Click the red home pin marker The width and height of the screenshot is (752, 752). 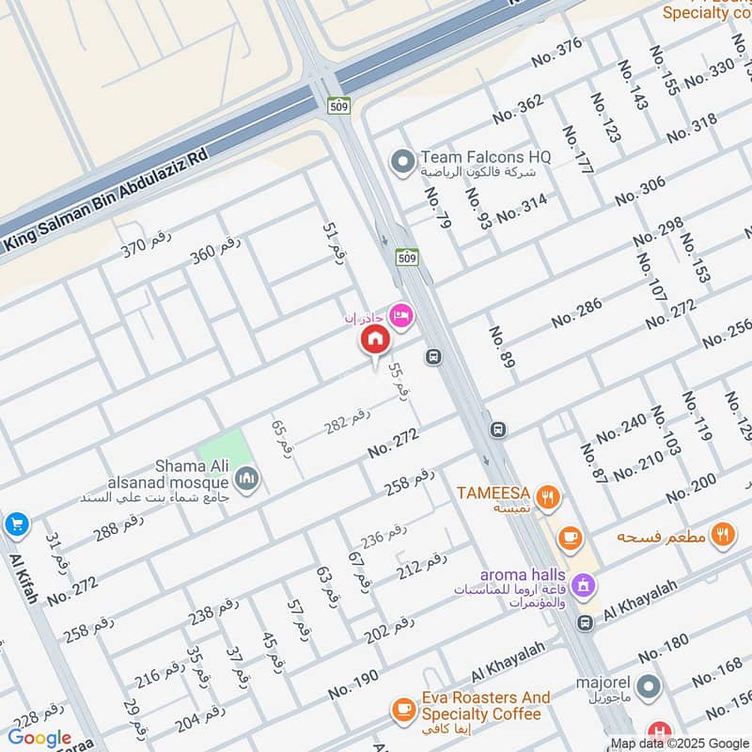tap(375, 338)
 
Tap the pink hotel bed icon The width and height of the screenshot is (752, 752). tap(402, 316)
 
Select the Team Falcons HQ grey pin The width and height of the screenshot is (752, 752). tap(403, 164)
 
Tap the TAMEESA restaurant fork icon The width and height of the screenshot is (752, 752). tap(550, 495)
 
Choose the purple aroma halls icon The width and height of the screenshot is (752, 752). tap(584, 585)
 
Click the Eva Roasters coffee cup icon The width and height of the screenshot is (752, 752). tap(404, 708)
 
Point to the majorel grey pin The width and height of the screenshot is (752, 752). tap(648, 687)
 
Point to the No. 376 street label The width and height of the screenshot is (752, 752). tap(556, 52)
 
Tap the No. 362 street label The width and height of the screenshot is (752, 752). tap(517, 109)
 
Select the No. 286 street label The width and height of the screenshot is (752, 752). tap(576, 313)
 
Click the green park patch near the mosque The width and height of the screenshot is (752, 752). tap(226, 449)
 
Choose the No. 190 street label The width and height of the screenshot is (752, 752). tap(353, 684)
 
